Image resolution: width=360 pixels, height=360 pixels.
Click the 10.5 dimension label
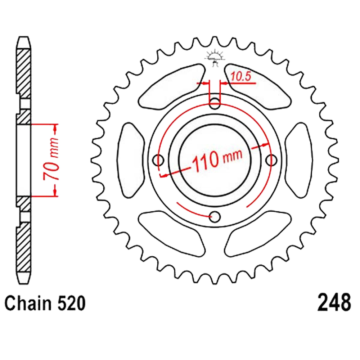pos(240,76)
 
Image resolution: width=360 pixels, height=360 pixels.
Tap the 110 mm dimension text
pos(217,158)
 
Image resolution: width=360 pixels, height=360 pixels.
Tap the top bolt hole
pos(215,103)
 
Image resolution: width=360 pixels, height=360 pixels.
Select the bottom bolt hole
pos(215,217)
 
